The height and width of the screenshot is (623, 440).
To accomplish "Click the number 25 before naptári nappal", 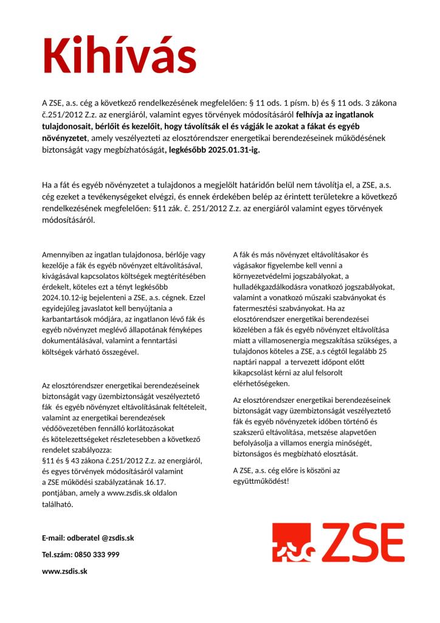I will pyautogui.click(x=382, y=351).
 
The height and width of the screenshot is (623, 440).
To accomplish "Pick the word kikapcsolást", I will pyautogui.click(x=256, y=373).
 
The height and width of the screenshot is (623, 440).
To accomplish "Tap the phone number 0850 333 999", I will pyautogui.click(x=97, y=555).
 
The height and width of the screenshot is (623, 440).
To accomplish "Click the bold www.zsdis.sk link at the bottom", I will pyautogui.click(x=65, y=571).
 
